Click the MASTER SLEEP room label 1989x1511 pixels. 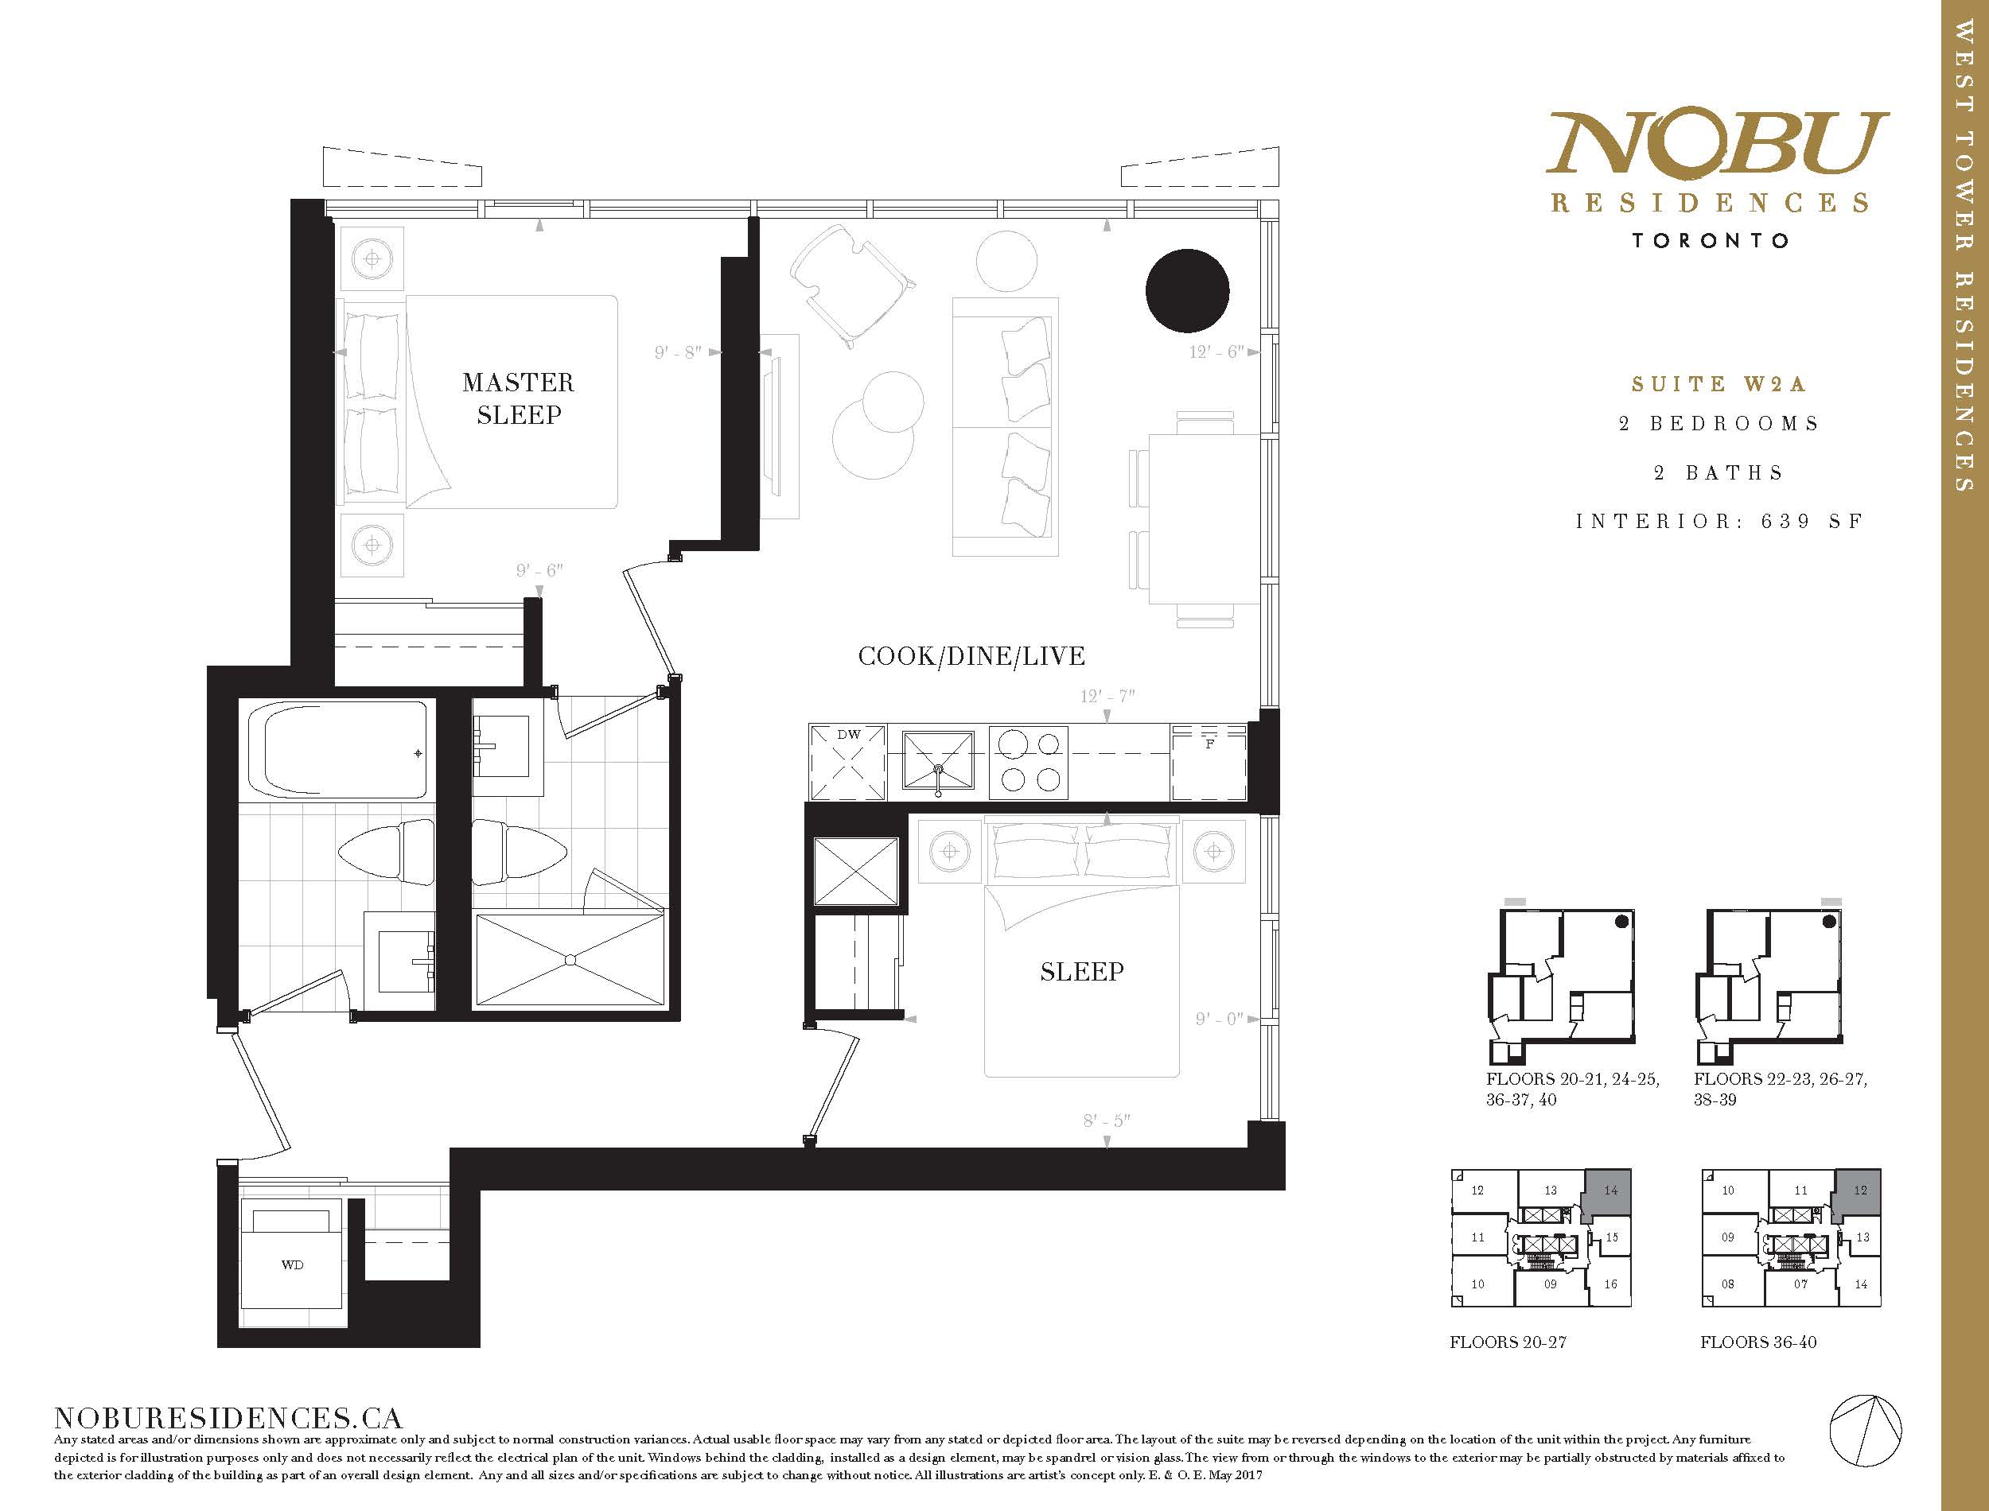518,398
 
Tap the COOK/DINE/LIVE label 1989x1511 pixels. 971,657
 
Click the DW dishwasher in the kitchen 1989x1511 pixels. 848,762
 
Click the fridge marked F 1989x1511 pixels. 1209,762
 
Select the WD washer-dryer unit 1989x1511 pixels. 292,1264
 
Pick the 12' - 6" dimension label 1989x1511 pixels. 1216,352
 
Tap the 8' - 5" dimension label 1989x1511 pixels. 1107,1121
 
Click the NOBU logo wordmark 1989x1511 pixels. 1716,143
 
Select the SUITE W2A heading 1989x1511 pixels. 1718,384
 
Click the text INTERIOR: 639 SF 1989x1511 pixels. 1719,521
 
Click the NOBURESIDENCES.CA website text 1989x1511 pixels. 228,1419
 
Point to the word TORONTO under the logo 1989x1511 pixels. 1711,241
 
